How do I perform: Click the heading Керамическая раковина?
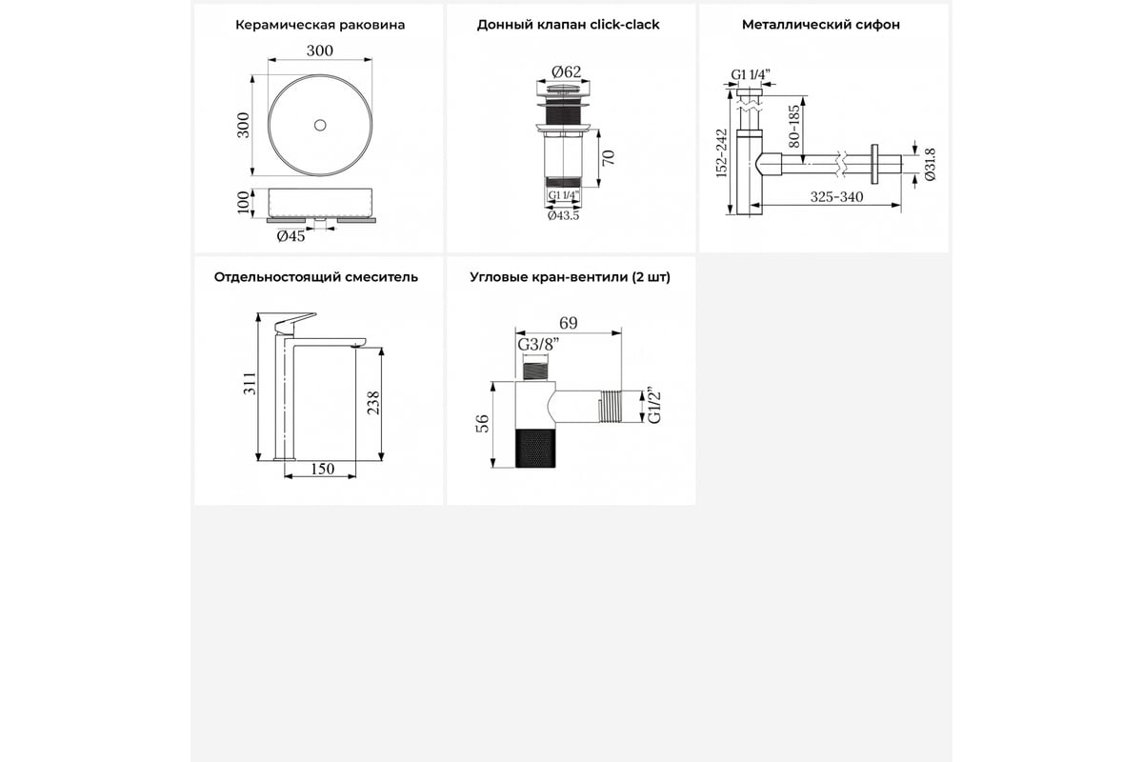pos(320,25)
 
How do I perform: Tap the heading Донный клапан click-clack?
pos(568,25)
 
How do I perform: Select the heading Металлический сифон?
pos(820,25)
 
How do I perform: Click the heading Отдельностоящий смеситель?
pos(316,277)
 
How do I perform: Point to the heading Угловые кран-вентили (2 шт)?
pos(570,277)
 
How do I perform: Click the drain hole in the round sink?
pos(320,125)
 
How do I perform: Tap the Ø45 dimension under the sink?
pos(291,236)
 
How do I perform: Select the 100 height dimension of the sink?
pos(244,203)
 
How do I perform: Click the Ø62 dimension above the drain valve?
pos(567,72)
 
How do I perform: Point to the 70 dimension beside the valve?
pos(609,158)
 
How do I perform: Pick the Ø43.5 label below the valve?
pos(563,216)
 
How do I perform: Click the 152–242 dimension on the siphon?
pos(721,153)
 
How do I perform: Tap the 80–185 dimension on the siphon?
pos(794,126)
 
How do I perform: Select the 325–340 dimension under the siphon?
pos(837,196)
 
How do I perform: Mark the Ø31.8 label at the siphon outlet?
pos(931,165)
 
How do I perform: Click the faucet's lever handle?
pos(294,323)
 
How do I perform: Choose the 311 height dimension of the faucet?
pos(250,383)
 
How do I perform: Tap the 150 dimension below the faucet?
pos(323,469)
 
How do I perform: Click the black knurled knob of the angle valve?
pos(535,448)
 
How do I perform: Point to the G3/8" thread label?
pos(538,345)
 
